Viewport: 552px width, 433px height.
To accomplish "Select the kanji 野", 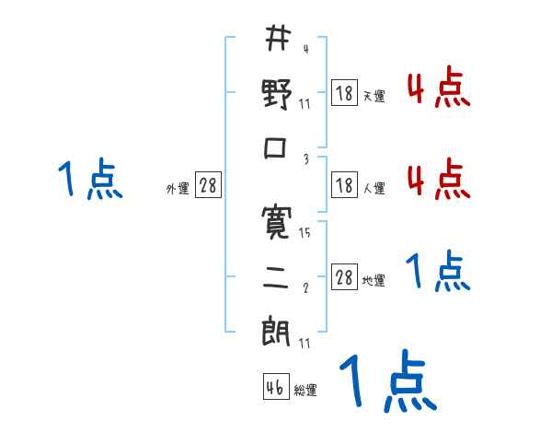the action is (x=277, y=94).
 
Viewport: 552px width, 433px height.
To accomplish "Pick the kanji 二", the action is (x=277, y=275).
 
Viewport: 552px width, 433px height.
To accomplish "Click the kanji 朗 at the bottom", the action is (x=277, y=330).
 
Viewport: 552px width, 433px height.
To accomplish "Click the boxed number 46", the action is (x=275, y=387).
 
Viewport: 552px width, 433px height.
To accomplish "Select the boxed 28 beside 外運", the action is (x=209, y=187).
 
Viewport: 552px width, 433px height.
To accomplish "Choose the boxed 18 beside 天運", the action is (x=344, y=94).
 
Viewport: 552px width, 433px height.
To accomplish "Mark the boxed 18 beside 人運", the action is (x=344, y=186).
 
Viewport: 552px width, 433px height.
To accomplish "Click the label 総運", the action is (x=305, y=390).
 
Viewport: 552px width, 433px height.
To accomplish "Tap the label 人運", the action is (x=374, y=189).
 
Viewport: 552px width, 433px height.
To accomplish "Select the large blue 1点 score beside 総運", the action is (x=387, y=381).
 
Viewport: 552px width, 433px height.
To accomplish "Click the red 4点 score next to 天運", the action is (x=438, y=89).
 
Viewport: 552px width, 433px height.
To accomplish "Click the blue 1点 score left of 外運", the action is (x=89, y=179).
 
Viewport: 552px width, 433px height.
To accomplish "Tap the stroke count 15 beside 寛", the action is (x=305, y=233).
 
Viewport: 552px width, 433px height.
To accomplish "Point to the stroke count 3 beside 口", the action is (x=305, y=159).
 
